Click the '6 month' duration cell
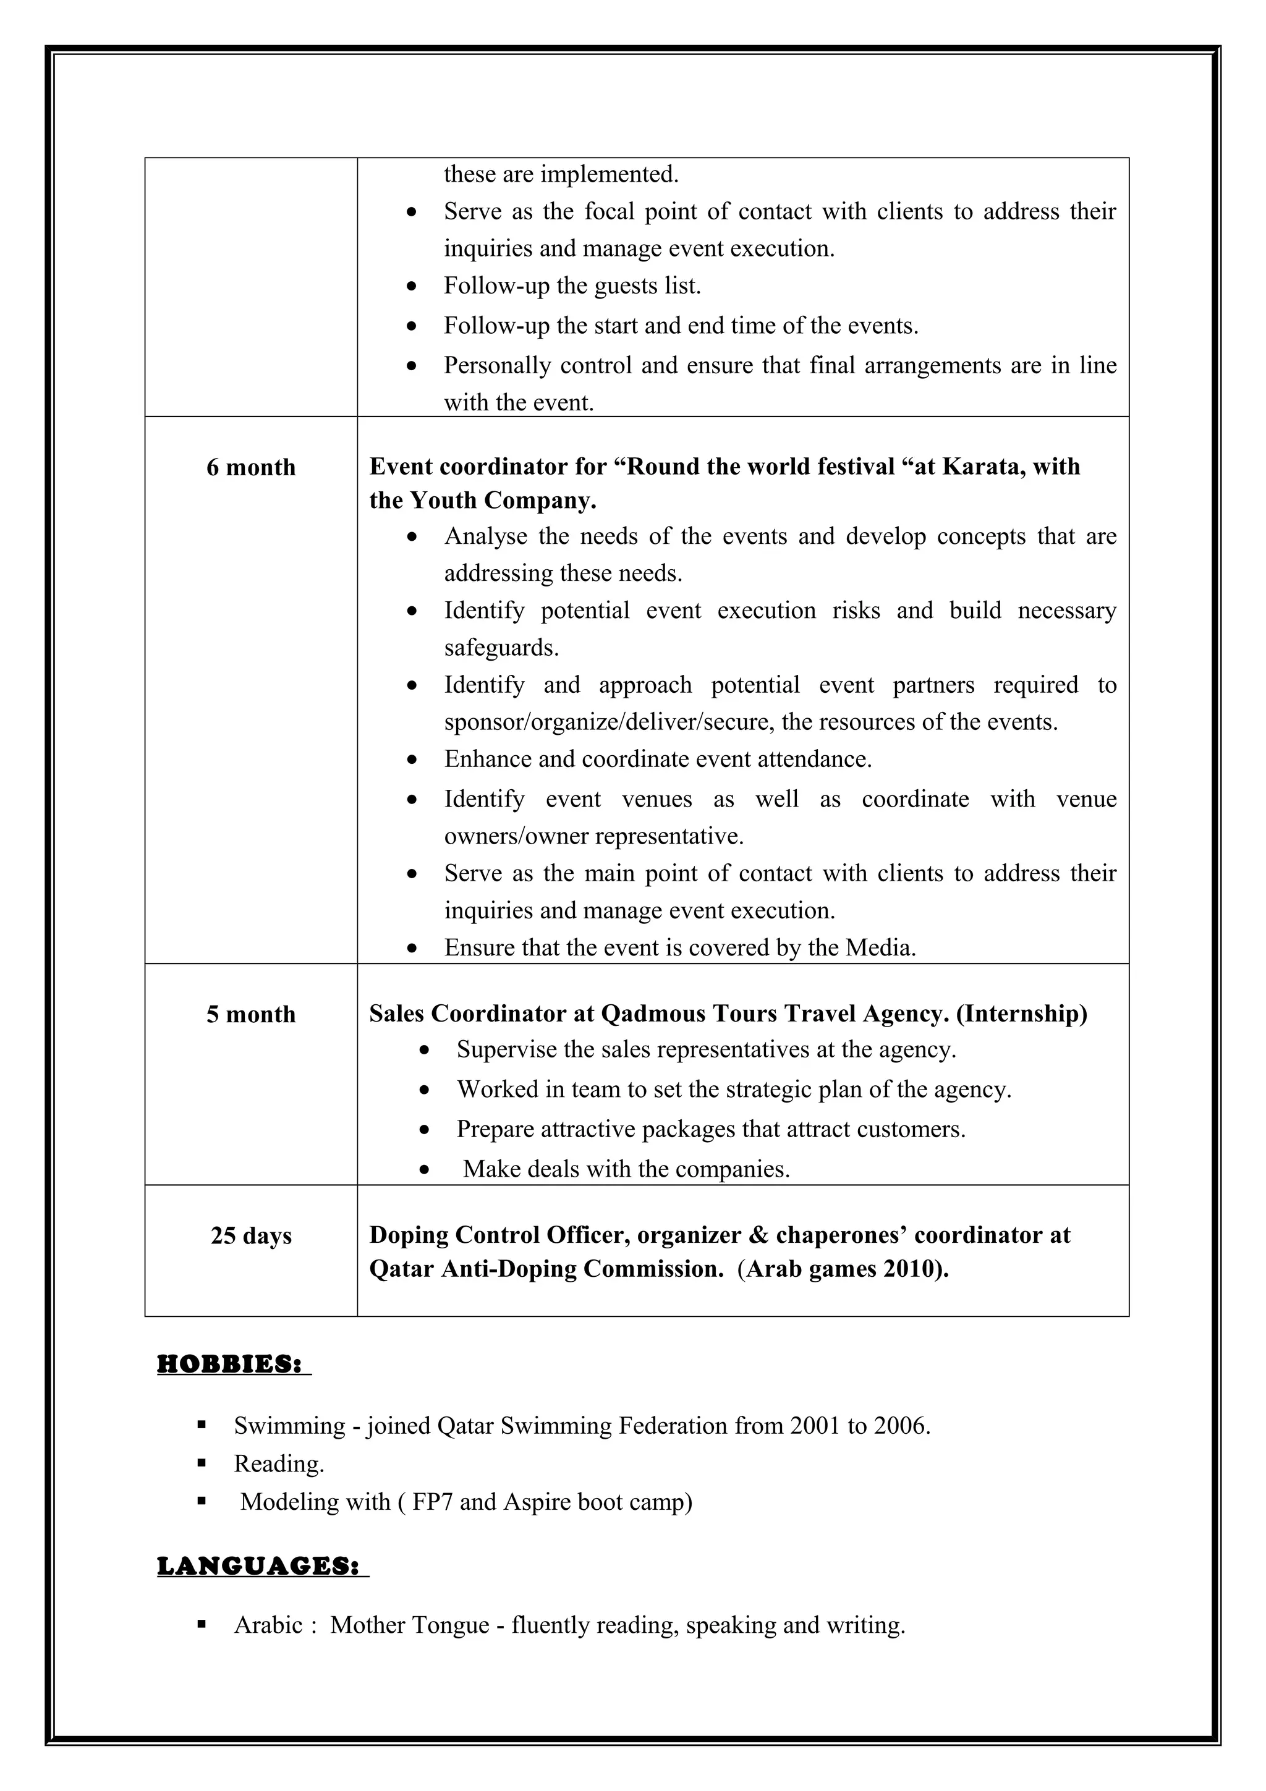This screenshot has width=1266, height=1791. click(251, 467)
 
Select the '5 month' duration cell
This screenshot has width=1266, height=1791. click(251, 1014)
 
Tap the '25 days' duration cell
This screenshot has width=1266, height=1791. click(251, 1235)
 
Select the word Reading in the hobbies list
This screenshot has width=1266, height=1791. click(278, 1464)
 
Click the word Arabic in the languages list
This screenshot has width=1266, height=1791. click(268, 1625)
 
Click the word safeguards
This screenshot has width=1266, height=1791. click(501, 648)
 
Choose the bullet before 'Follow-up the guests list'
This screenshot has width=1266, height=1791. click(412, 287)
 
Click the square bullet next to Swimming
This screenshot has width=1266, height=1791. click(202, 1425)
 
